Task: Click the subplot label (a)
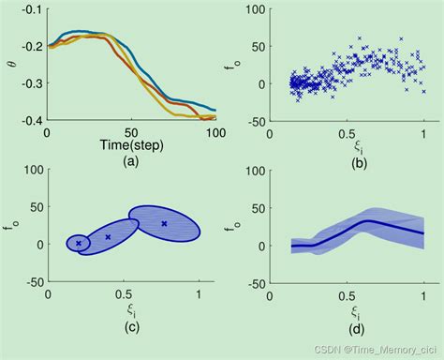(130, 161)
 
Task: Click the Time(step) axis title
(130, 146)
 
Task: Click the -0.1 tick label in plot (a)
(31, 9)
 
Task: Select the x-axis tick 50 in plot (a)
(131, 134)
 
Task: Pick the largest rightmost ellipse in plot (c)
(165, 224)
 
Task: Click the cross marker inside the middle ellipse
(108, 237)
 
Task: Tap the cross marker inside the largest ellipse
(164, 223)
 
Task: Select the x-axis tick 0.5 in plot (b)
(348, 134)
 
